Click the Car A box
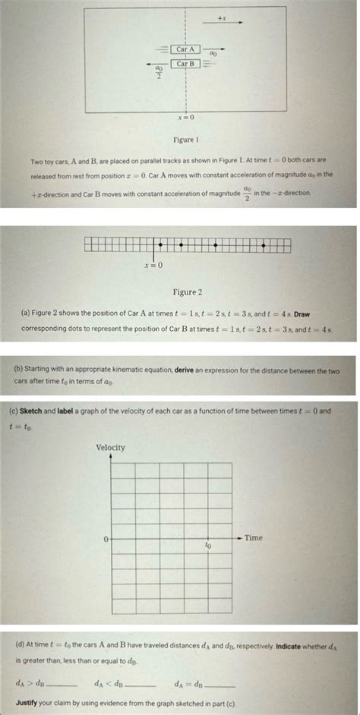tap(185, 49)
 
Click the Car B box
tap(185, 64)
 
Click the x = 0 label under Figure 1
tap(186, 118)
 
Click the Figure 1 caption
tap(185, 140)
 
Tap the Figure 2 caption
tap(188, 291)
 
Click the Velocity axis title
tap(110, 448)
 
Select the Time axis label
tap(254, 538)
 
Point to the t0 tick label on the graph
tap(207, 545)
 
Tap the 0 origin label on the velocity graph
tap(106, 538)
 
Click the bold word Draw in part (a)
tap(302, 313)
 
